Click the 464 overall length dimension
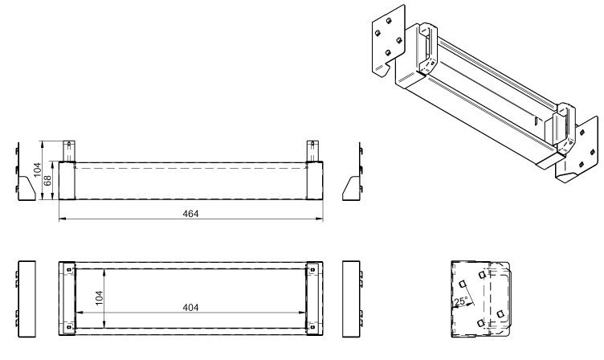click(190, 214)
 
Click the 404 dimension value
click(190, 307)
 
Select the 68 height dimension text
click(48, 179)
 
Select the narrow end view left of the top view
click(26, 297)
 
